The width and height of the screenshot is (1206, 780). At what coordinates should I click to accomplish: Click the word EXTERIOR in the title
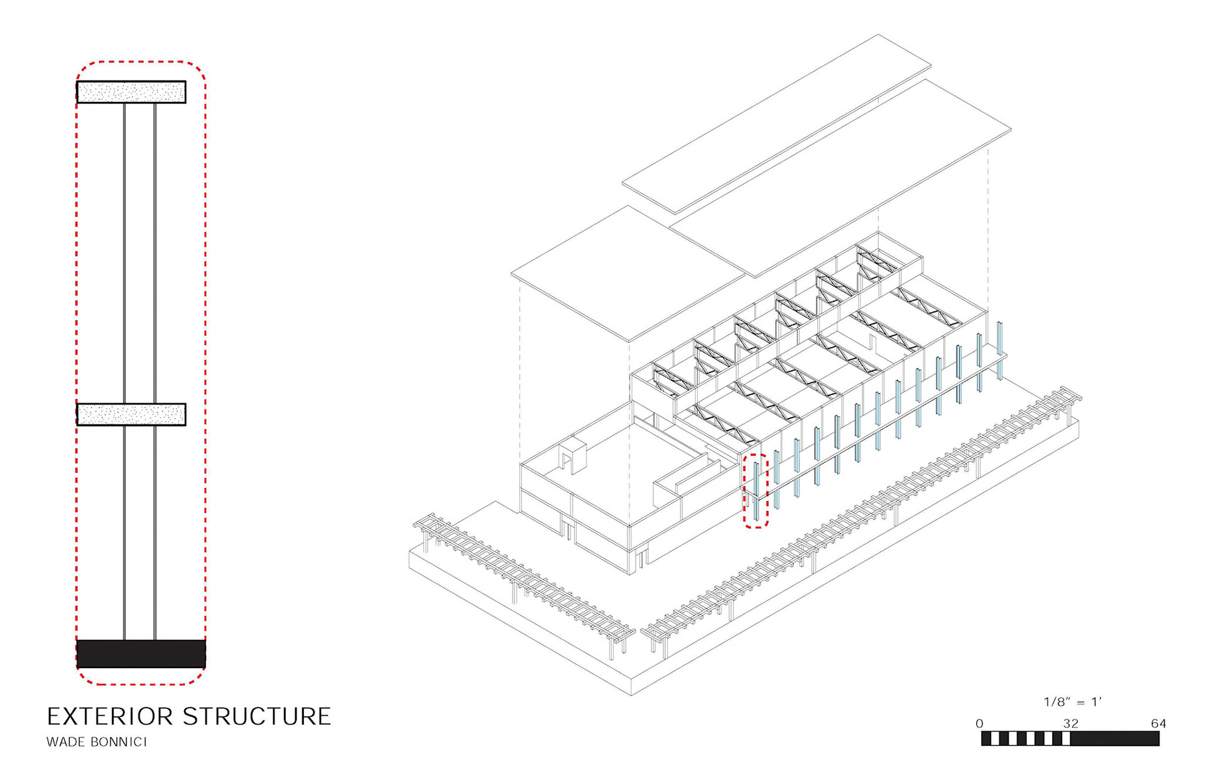coord(109,717)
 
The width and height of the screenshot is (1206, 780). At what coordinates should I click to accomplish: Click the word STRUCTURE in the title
coord(257,717)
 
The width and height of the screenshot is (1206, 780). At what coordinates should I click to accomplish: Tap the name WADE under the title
coord(65,742)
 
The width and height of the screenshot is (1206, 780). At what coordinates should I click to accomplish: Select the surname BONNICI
coord(119,742)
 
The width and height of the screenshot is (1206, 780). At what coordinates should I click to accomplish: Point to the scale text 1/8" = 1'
coord(1073,702)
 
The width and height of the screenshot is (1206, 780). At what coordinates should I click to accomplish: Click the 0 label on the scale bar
coord(979,724)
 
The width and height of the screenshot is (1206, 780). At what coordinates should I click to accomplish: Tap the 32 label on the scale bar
coord(1071,723)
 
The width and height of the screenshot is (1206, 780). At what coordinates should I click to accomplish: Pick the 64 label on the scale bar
coord(1158,723)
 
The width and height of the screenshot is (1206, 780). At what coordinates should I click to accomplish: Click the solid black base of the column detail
coord(141,653)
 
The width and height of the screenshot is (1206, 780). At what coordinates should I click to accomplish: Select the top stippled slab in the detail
coord(131,92)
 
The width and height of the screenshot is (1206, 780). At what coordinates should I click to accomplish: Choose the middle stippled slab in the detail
coord(131,414)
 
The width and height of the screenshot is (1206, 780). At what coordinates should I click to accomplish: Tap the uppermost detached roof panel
coord(776,124)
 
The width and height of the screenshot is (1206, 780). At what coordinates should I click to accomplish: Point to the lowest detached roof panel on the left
coord(628,274)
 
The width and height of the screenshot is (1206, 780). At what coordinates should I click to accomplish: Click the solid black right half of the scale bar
coord(1115,739)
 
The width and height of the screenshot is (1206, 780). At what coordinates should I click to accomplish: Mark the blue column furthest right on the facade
coord(999,350)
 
